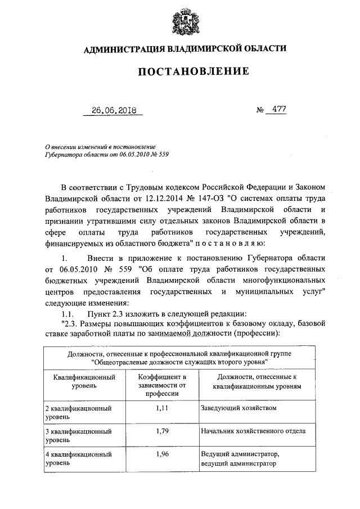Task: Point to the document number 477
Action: pos(276,110)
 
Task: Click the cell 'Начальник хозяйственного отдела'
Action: pos(253,431)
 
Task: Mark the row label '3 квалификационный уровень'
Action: pos(77,436)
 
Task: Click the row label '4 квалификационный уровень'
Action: pos(77,460)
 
